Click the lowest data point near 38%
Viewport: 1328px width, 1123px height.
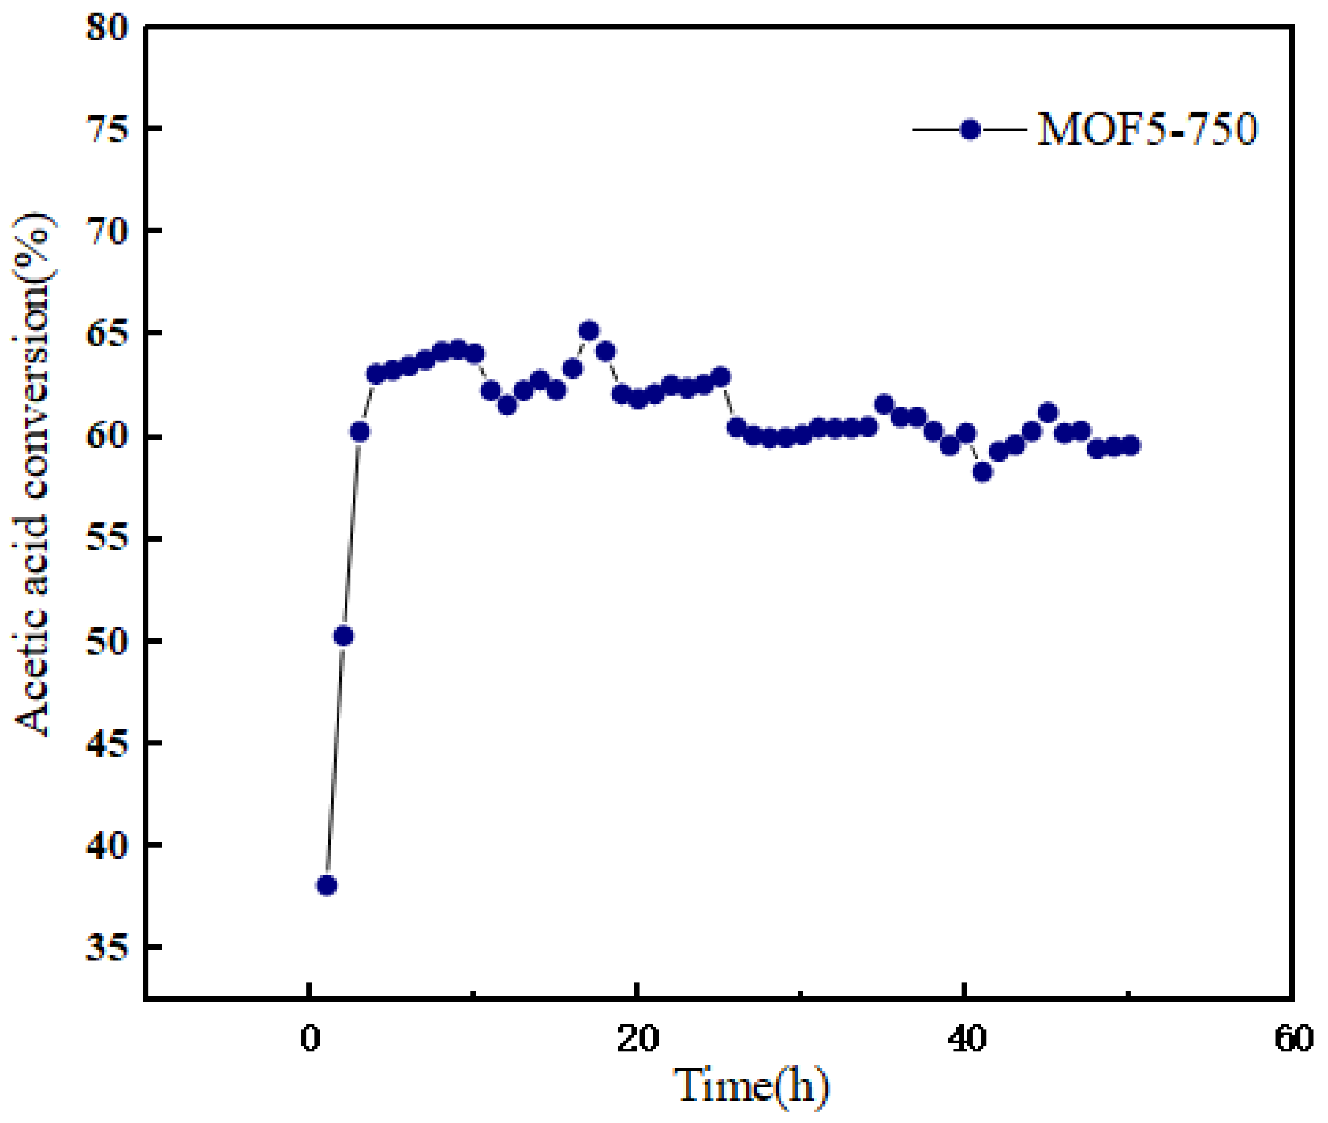point(326,885)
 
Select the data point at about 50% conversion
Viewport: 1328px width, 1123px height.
point(343,636)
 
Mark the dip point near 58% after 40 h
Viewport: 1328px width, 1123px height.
point(982,472)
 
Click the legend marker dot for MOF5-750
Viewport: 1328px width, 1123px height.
point(969,130)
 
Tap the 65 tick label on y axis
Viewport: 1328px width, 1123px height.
point(106,333)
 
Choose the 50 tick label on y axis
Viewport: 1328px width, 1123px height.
point(106,641)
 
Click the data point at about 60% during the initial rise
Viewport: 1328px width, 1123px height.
point(360,431)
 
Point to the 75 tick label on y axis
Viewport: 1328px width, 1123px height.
point(106,129)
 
